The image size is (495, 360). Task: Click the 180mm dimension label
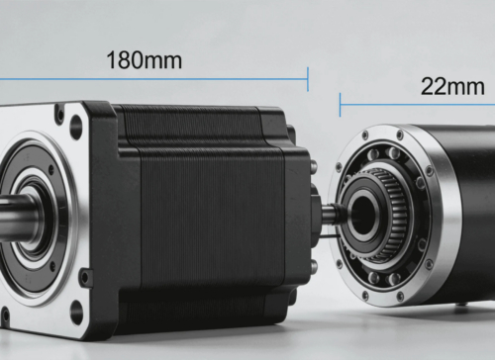(145, 60)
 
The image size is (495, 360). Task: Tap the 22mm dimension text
(452, 87)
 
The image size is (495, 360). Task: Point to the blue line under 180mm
(153, 79)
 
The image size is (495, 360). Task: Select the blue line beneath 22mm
(418, 105)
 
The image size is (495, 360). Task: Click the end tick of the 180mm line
(308, 79)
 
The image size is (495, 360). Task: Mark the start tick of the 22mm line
(340, 105)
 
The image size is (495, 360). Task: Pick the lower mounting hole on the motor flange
(76, 311)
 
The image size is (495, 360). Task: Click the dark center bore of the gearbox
(363, 215)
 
